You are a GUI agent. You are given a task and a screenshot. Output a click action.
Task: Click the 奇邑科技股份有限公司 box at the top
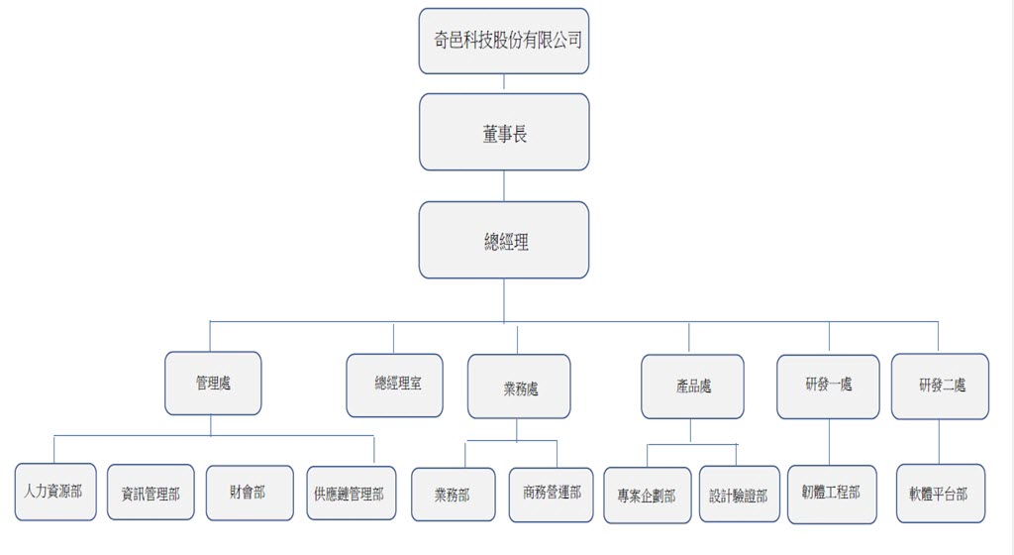tap(504, 41)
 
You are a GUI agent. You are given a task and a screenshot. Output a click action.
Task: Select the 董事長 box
tap(504, 132)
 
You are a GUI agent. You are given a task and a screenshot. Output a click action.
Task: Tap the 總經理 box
tap(504, 240)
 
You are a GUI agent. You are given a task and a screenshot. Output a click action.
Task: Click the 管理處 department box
tap(213, 383)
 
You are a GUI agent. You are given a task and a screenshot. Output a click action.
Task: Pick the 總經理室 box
tap(394, 385)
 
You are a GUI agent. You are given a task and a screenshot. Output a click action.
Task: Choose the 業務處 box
tap(519, 387)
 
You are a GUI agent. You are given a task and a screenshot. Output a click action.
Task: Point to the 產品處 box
tap(692, 387)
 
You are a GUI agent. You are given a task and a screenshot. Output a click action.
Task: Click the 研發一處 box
tap(828, 386)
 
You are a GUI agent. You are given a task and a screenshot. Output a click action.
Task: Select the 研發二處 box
tap(940, 386)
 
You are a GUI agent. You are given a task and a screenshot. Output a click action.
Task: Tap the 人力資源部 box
tap(55, 492)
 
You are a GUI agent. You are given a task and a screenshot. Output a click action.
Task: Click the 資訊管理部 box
tap(151, 493)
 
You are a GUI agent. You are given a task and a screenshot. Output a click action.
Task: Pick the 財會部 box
tap(250, 493)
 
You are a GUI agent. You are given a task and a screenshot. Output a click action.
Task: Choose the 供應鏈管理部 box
tap(350, 494)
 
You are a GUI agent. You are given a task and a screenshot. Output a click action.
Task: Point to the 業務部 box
tap(454, 495)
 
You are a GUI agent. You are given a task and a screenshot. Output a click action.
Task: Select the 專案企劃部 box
tap(647, 495)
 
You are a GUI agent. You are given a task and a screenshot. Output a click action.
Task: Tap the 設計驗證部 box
tap(739, 495)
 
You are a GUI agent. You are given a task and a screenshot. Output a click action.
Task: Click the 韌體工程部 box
tap(832, 494)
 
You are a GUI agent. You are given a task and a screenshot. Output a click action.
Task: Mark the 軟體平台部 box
tap(940, 494)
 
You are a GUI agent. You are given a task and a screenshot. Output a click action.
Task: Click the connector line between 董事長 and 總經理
tap(504, 186)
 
